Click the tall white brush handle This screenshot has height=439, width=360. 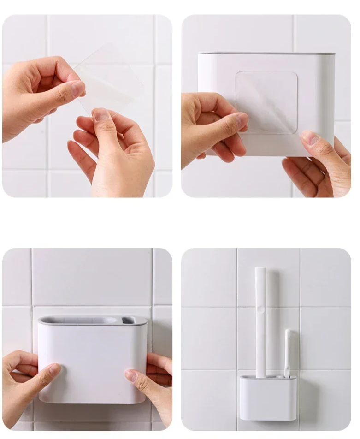pos(260,323)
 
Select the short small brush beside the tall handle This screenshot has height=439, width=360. pos(288,353)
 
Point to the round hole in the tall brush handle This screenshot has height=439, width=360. pos(260,308)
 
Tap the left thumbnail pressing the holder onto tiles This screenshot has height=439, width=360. pos(55,369)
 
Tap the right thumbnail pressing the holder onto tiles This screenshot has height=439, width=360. pos(131,376)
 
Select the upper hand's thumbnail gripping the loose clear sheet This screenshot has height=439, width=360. pos(77,88)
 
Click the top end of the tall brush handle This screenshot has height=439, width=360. pos(260,270)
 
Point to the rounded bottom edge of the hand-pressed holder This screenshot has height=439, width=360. pos(92,401)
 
